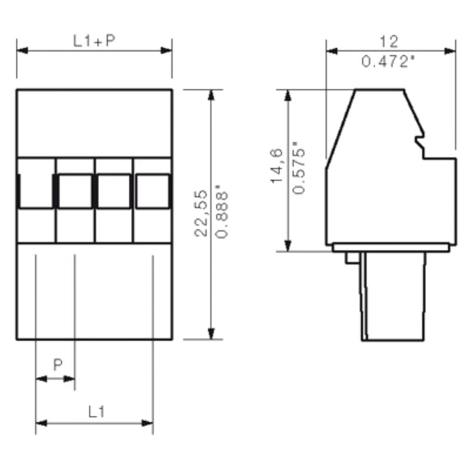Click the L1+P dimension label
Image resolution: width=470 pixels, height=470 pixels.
[x=94, y=41]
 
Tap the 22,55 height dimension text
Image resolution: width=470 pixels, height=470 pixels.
[x=202, y=213]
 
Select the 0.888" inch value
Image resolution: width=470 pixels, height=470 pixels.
[x=222, y=213]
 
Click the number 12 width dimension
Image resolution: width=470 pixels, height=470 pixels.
[x=389, y=42]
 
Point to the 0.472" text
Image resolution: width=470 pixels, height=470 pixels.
[x=389, y=61]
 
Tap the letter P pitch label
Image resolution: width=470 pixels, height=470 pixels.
[x=58, y=365]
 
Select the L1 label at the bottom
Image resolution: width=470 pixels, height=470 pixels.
[x=96, y=412]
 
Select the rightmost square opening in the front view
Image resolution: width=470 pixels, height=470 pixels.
[x=153, y=191]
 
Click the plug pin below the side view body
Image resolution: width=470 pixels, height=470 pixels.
[x=392, y=297]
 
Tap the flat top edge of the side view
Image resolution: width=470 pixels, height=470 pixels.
[x=379, y=90]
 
